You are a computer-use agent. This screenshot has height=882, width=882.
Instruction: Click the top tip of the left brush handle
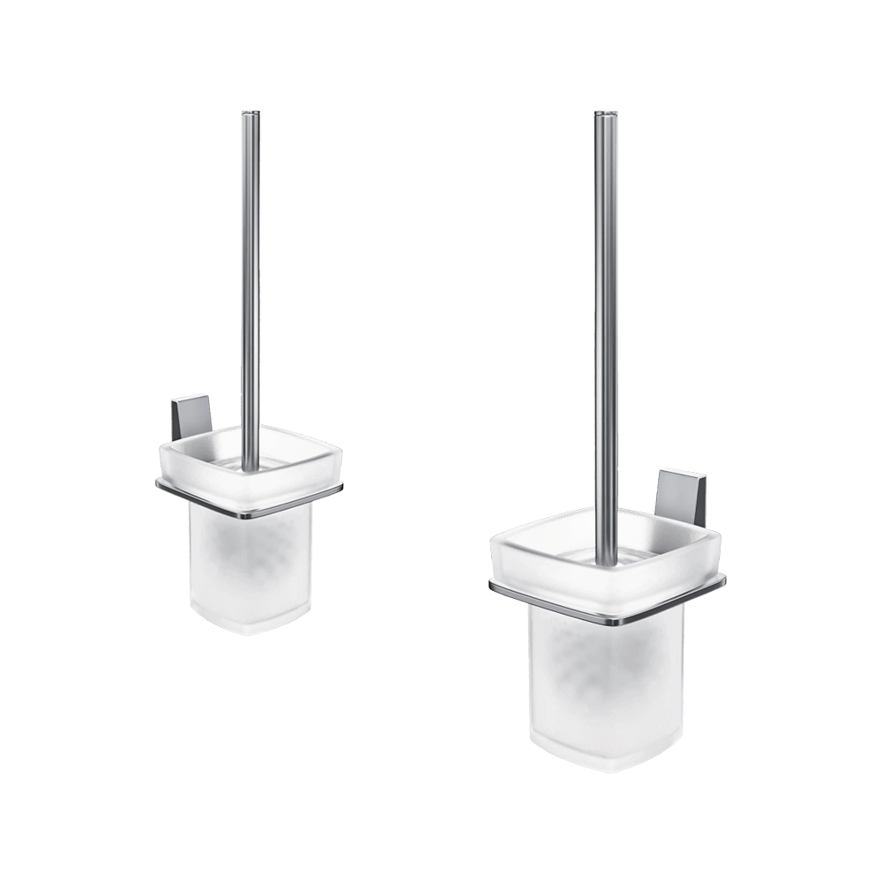point(250,112)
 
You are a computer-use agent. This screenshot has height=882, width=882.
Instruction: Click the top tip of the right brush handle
point(605,114)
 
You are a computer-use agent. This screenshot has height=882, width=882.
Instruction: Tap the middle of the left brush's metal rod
point(250,282)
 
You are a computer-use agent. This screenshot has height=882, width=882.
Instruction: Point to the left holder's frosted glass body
point(250,564)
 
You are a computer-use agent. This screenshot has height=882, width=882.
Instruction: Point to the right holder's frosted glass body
point(605,679)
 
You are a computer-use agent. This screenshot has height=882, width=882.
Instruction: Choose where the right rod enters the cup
point(605,558)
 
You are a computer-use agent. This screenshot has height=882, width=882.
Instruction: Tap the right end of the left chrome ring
point(341,487)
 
